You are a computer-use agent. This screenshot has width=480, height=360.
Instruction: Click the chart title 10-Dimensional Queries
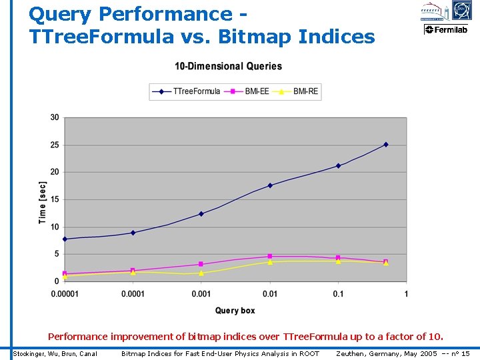pyautogui.click(x=228, y=66)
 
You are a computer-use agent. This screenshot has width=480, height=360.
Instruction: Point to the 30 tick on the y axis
pyautogui.click(x=54, y=117)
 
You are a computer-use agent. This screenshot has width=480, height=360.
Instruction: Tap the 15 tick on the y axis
pyautogui.click(x=54, y=199)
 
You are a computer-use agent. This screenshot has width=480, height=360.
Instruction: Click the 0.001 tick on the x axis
pyautogui.click(x=201, y=294)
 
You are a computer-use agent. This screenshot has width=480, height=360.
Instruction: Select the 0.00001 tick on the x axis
pyautogui.click(x=65, y=294)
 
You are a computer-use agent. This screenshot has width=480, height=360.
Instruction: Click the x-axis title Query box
pyautogui.click(x=235, y=311)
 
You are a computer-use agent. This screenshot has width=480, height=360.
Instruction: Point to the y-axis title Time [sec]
pyautogui.click(x=43, y=202)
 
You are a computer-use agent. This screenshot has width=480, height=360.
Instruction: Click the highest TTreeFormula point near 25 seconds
pyautogui.click(x=385, y=145)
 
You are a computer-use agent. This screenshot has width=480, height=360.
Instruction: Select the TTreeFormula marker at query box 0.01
pyautogui.click(x=270, y=185)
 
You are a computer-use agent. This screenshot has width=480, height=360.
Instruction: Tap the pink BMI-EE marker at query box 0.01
pyautogui.click(x=270, y=256)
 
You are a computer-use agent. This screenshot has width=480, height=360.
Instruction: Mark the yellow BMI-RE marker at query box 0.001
pyautogui.click(x=201, y=273)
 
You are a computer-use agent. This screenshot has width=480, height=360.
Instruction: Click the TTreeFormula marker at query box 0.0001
pyautogui.click(x=133, y=233)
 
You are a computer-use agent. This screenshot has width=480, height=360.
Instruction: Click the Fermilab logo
pyautogui.click(x=446, y=29)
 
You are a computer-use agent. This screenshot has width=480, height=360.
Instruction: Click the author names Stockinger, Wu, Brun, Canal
pyautogui.click(x=56, y=353)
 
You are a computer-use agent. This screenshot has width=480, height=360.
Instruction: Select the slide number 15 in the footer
pyautogui.click(x=465, y=353)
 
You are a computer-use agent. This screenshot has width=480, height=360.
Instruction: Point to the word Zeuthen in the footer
pyautogui.click(x=352, y=353)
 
